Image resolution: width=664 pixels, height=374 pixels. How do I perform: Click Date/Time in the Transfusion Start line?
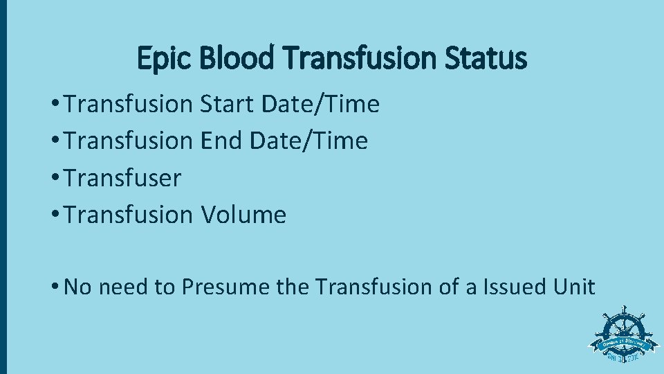click(321, 105)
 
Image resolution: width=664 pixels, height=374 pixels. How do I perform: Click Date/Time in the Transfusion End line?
click(308, 141)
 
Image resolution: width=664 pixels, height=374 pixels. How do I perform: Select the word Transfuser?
click(122, 178)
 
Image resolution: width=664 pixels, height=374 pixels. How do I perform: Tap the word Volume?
click(243, 215)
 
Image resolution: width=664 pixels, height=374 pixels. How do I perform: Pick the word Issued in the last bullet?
click(517, 287)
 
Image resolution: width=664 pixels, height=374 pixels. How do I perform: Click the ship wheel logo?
click(624, 337)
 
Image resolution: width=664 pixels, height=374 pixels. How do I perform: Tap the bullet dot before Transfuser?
click(55, 179)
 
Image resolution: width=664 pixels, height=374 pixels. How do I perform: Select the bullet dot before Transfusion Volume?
click(55, 215)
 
